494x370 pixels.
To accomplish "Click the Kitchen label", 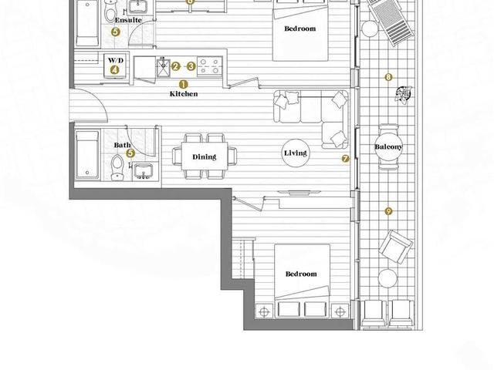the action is coord(184,94).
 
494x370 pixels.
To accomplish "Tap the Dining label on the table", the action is coord(204,156).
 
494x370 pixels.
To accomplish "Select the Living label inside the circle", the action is coord(295,153).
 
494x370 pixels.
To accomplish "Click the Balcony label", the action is coord(388,147).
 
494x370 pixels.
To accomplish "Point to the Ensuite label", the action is coord(128,20).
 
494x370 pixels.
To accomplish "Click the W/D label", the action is coord(116,60).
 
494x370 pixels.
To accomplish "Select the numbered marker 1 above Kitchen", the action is coord(184,84).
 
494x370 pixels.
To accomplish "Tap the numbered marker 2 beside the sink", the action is coord(175,66).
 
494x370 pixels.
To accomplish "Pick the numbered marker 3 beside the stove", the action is coord(191,66).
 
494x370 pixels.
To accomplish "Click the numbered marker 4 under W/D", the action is coord(114,70).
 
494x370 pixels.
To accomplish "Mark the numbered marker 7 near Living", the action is coord(345,159).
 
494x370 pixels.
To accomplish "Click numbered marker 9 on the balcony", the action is coord(388,211).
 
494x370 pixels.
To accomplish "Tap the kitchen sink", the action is coord(163,67).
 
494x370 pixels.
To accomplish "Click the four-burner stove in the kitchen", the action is coord(209,66).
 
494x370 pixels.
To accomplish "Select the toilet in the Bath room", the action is coord(117,167).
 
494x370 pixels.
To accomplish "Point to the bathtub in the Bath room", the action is coord(87,154).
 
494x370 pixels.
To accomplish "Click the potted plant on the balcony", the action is coord(404,94).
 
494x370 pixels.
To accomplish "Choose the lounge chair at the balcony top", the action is coord(391,22).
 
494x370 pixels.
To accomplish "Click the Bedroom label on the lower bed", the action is coord(301,274).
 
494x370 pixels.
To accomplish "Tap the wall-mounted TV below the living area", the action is coord(299,192).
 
